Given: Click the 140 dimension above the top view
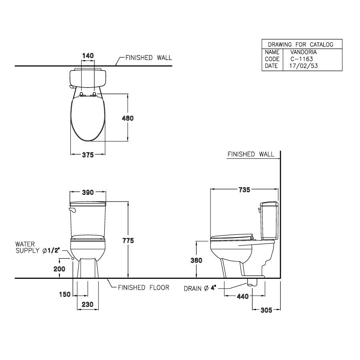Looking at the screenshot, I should [x=88, y=56].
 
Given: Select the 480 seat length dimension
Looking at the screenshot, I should [x=128, y=118].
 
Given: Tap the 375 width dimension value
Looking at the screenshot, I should [x=88, y=155].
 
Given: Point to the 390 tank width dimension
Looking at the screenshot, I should [x=88, y=193].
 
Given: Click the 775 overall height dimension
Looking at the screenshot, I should [x=128, y=240].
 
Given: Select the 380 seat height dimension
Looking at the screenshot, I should [x=196, y=260].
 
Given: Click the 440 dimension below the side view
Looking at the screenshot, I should [x=243, y=296].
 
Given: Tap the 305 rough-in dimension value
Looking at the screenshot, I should [x=266, y=310].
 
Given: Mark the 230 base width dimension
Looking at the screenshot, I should [x=87, y=304].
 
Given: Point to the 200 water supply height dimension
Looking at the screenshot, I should [x=59, y=269].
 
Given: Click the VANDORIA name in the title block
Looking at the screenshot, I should [x=303, y=52].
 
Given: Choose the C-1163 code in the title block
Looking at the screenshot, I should [x=302, y=59].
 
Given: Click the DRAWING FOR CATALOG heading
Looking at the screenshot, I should [x=300, y=44].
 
